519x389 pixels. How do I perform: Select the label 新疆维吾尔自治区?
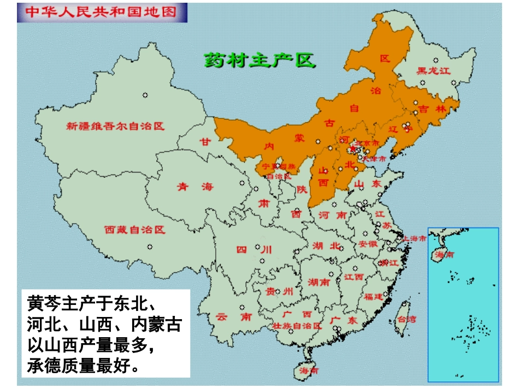point(115,127)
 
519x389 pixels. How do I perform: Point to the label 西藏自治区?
point(134,230)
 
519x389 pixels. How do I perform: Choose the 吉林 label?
point(433,109)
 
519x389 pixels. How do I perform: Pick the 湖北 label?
point(327,246)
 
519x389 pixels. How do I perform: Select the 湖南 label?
point(319,283)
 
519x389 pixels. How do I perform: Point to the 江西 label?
point(354,277)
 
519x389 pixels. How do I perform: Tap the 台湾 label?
point(405,319)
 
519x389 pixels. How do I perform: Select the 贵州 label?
point(279,291)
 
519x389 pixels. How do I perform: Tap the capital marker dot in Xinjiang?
point(145,95)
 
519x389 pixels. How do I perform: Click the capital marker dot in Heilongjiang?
point(435,61)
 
